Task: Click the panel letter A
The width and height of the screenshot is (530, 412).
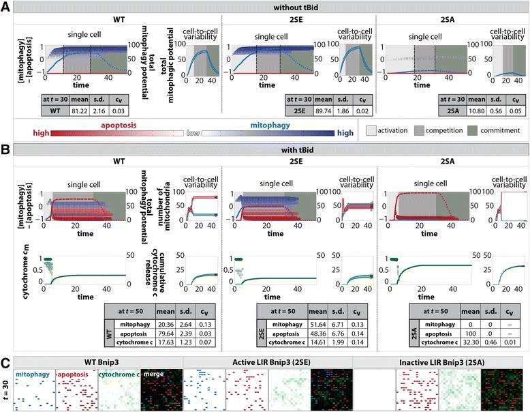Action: click(x=5, y=6)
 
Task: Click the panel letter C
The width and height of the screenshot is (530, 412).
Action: click(x=5, y=343)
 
